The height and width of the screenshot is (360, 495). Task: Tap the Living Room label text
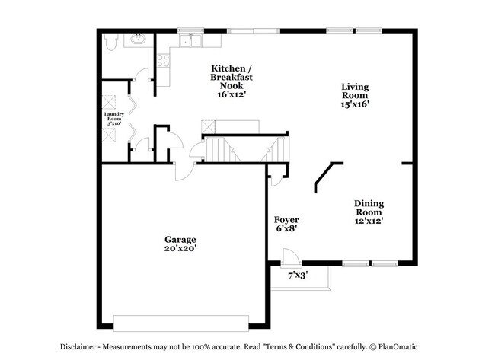[x=354, y=95]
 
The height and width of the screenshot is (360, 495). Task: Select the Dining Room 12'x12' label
[x=368, y=212]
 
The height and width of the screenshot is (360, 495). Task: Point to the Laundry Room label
[x=113, y=118]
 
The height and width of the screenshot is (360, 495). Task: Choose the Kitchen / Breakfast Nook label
[x=232, y=77]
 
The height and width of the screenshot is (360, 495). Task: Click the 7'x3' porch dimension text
[x=298, y=275]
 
